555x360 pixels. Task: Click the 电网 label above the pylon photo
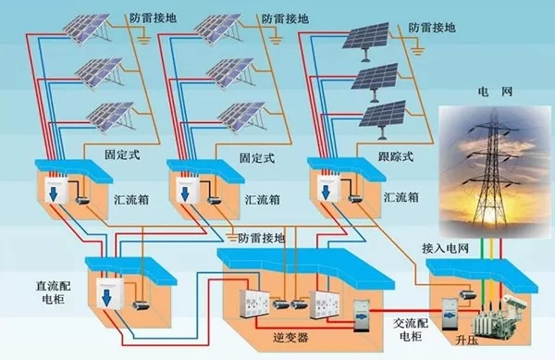[x=495, y=92]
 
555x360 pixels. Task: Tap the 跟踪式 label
[x=396, y=156]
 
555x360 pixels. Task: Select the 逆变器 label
[x=290, y=338]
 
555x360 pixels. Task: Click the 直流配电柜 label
[x=53, y=292]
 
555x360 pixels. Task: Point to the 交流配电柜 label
[x=411, y=329]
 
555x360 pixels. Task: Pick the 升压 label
[x=466, y=341]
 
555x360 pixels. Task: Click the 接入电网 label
[x=445, y=249]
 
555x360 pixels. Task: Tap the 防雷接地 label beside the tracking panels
[x=432, y=28]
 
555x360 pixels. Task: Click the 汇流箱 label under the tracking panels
[x=401, y=197]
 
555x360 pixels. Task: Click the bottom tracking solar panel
[x=382, y=118]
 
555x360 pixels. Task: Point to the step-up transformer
[x=496, y=316]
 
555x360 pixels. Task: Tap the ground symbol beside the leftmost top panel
[x=143, y=40]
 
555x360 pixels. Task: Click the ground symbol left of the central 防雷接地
[x=232, y=238]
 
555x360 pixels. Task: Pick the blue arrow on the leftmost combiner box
[x=54, y=194]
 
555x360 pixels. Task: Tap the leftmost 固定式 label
[x=122, y=155]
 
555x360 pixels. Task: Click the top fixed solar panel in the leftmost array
[x=85, y=29]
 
